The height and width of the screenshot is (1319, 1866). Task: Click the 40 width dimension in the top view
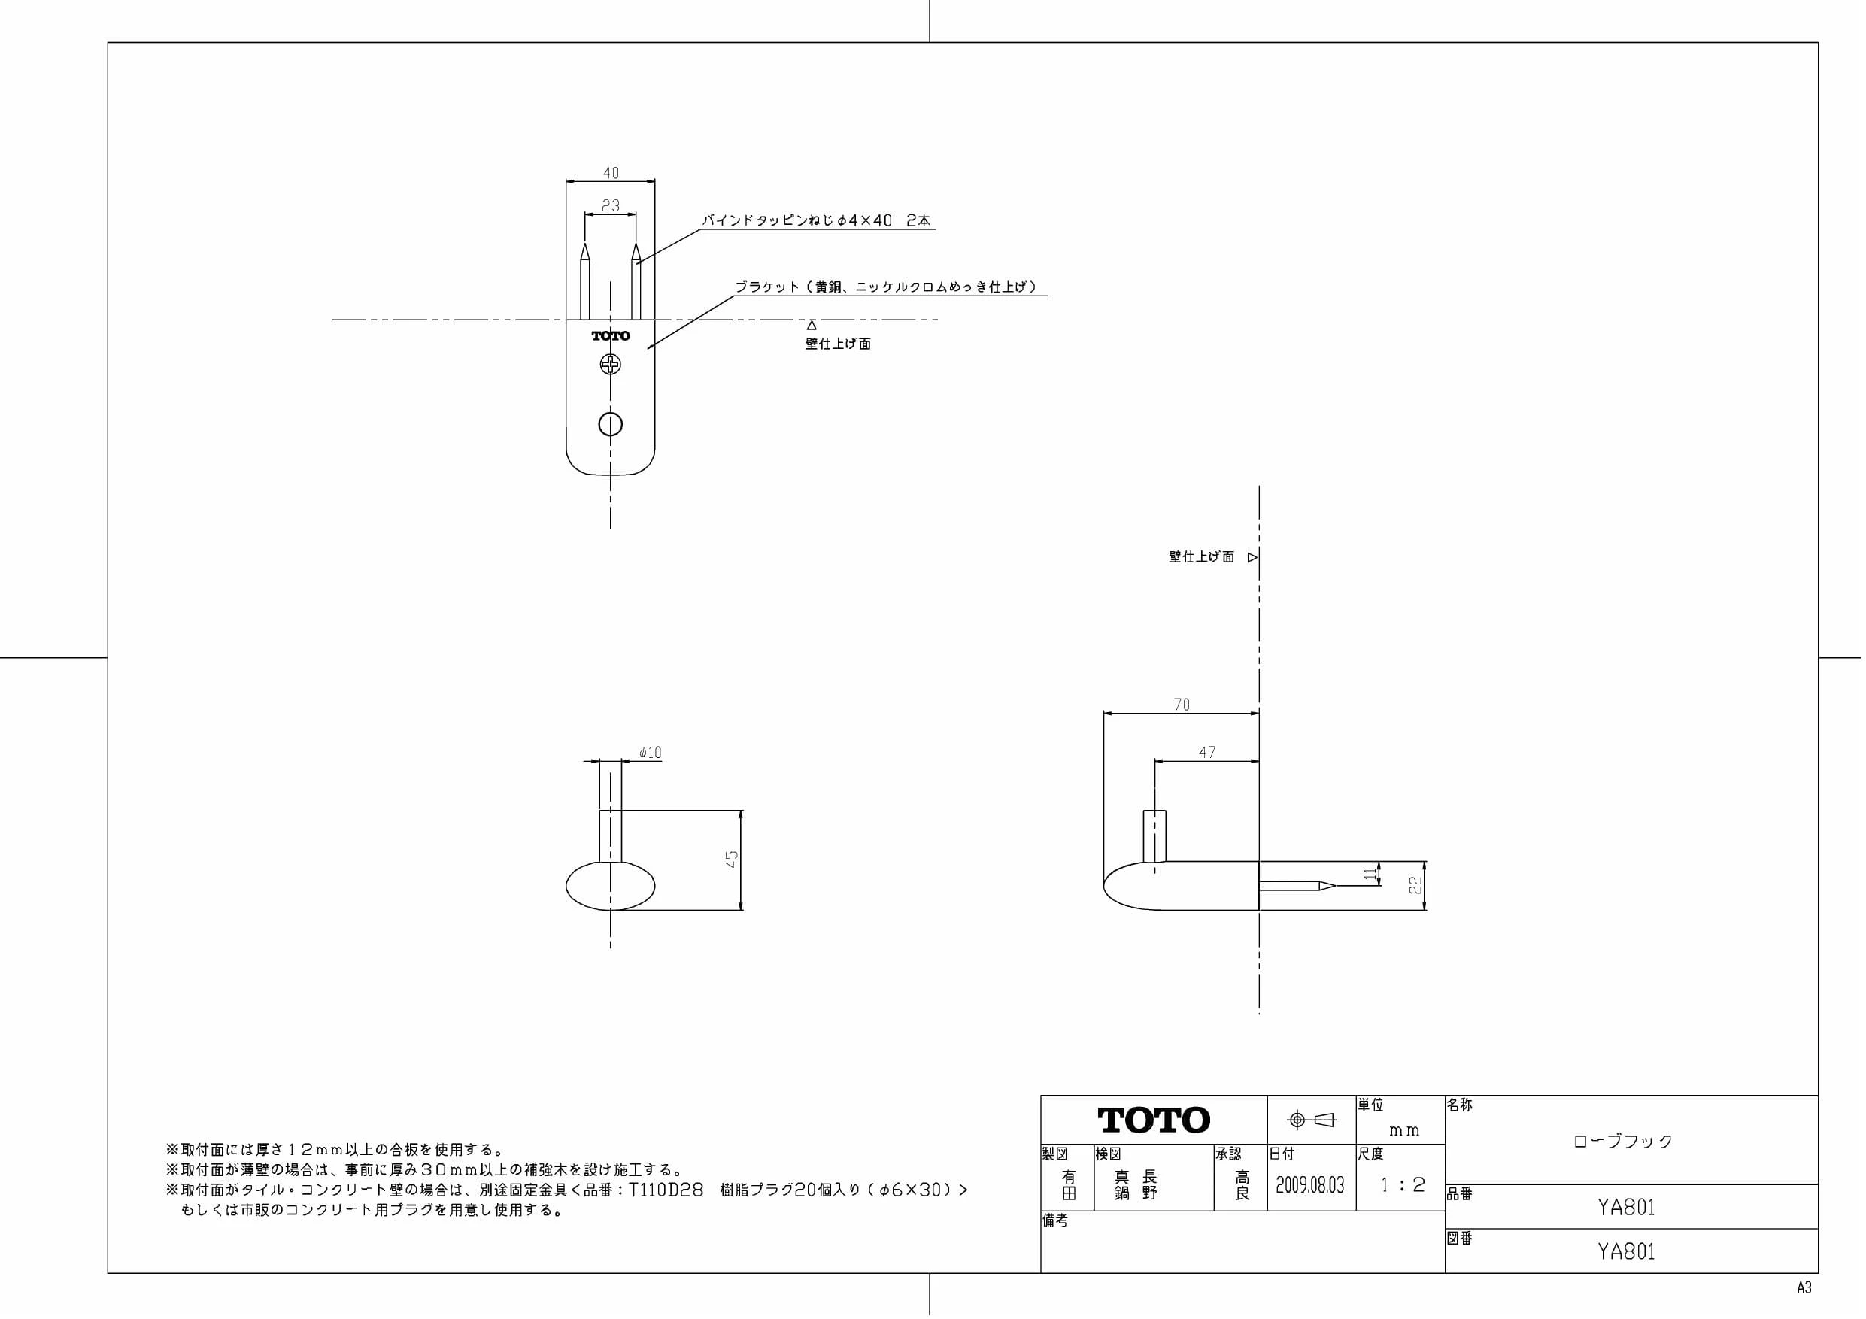611,173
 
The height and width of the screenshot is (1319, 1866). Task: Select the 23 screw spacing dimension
611,205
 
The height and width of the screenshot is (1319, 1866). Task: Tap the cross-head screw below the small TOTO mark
611,365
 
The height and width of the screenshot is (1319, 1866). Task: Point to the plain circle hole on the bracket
611,424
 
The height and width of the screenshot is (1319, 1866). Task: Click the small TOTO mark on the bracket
611,335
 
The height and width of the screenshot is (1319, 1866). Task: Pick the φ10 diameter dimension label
650,753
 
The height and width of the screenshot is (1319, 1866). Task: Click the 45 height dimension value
732,859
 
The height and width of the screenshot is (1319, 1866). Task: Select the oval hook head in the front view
611,886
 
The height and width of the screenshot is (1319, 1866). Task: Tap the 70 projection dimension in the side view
1182,705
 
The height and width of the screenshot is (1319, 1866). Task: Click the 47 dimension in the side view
1207,753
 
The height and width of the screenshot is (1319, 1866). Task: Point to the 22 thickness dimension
1415,886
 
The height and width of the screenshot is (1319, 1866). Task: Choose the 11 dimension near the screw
1371,874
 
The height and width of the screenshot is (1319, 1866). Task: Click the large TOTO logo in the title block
1154,1120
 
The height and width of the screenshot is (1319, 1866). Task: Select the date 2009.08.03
1310,1185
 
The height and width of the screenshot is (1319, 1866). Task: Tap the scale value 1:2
1402,1185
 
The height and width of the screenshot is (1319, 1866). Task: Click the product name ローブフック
1623,1141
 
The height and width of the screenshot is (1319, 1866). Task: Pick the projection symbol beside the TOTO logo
1311,1120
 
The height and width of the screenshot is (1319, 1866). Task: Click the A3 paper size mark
1804,1288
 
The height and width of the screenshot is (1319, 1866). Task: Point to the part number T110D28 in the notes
666,1190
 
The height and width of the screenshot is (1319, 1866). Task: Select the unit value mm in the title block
1404,1130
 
